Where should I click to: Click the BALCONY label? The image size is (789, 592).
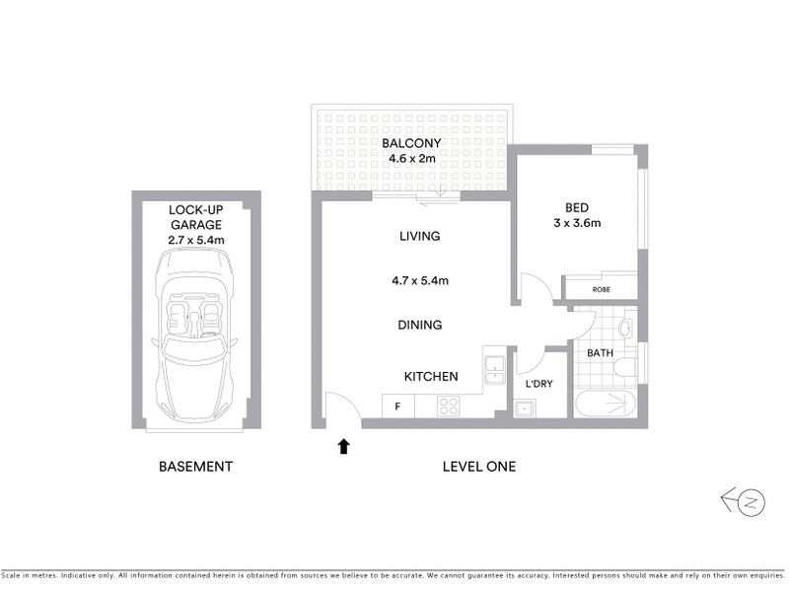tap(411, 143)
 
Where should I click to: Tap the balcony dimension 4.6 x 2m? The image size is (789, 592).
tap(411, 158)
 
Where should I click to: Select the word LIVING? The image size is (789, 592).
tap(419, 237)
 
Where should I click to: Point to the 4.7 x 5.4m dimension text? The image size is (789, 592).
tap(420, 280)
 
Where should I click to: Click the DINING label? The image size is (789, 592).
tap(419, 325)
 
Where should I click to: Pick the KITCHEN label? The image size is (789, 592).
tap(431, 377)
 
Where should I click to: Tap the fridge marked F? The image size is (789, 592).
tap(397, 406)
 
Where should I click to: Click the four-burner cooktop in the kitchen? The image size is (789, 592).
tap(449, 406)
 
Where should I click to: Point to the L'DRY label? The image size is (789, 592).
tap(538, 383)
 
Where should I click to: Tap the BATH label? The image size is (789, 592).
tap(600, 352)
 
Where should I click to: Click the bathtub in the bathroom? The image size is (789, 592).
tap(605, 403)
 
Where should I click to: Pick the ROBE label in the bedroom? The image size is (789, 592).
tap(601, 290)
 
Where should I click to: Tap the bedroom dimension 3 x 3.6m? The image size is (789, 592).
tap(577, 223)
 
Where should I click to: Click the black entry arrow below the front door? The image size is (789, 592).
tap(343, 446)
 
